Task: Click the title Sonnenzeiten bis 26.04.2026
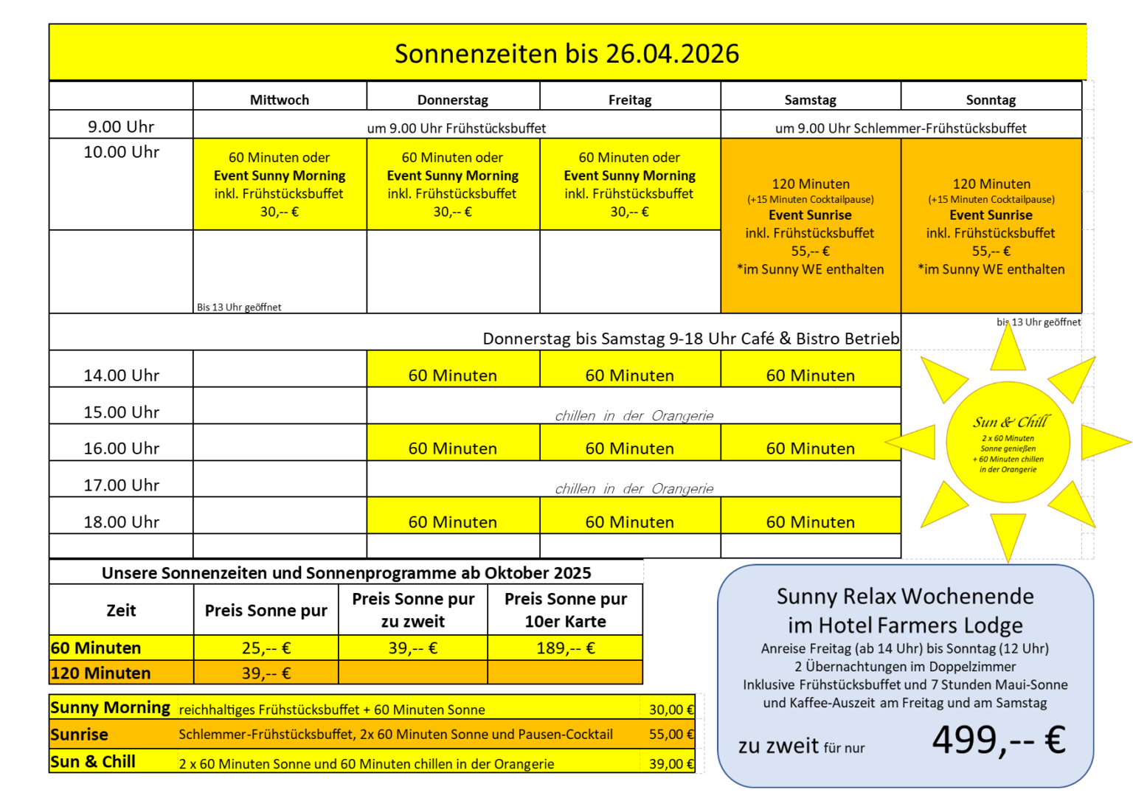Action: [566, 54]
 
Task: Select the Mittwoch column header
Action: [280, 100]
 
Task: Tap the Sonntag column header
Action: [991, 100]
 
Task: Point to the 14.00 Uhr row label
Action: [121, 375]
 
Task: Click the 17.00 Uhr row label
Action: [121, 485]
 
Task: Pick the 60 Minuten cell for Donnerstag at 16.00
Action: [453, 448]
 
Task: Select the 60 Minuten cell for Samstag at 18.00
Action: [810, 522]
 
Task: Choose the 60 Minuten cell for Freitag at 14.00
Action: [629, 375]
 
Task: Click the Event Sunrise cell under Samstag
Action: [810, 226]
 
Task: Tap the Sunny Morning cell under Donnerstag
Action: [453, 184]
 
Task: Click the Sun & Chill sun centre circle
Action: [1008, 443]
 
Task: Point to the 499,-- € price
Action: [999, 740]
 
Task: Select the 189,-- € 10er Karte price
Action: [565, 648]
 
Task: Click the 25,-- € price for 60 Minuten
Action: [266, 648]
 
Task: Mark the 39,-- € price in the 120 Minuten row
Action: [266, 673]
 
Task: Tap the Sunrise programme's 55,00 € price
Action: [671, 735]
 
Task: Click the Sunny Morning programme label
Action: [111, 708]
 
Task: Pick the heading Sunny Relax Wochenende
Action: [905, 596]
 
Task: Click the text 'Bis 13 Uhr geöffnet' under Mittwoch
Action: [239, 308]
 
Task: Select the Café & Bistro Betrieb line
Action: [690, 339]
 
